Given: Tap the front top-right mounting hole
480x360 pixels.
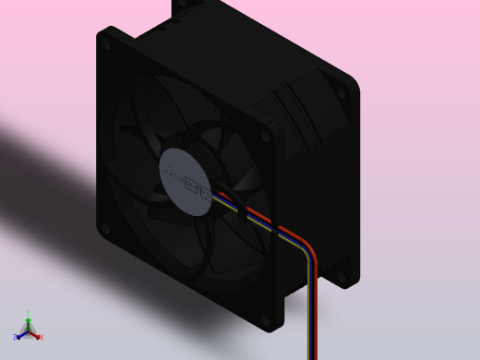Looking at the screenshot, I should point(266,136).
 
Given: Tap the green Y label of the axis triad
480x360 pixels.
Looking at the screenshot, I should point(29,315).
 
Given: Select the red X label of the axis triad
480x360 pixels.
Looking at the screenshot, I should point(41,337).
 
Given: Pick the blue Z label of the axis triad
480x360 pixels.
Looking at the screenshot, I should point(16,338).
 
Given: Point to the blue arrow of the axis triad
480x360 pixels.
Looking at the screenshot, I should point(21,335).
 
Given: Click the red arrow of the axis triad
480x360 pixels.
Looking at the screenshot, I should point(35,334).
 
